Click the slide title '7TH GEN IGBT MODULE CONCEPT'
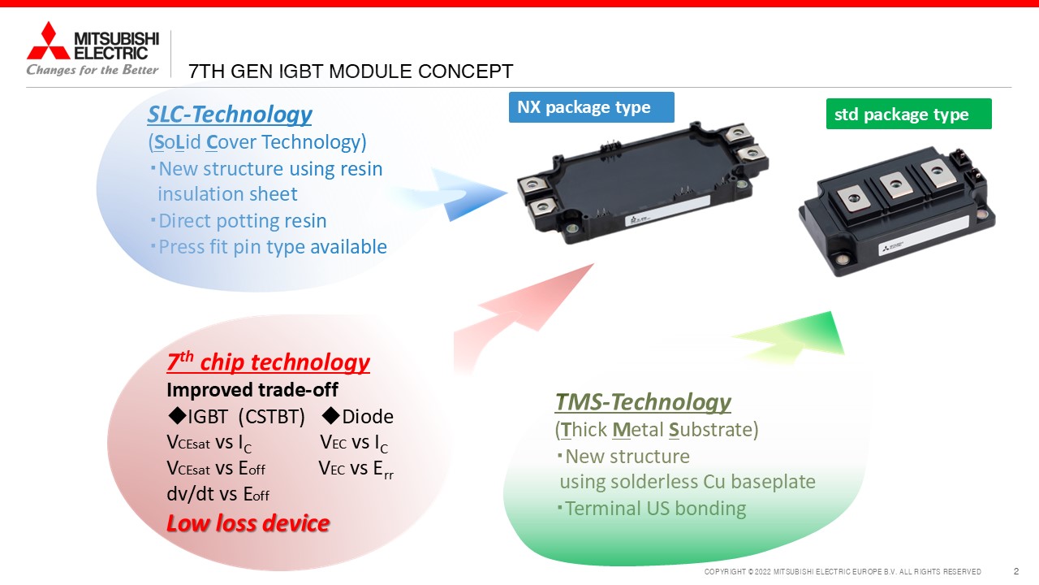[351, 71]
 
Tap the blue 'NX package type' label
[592, 107]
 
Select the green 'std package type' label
[908, 114]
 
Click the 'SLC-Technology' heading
[230, 115]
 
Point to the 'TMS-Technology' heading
[643, 402]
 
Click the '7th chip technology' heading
[268, 362]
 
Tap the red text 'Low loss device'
[248, 523]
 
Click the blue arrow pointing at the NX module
[459, 194]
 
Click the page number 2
[1016, 571]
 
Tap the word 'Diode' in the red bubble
[368, 417]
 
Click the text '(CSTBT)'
[272, 417]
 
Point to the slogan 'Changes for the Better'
[93, 70]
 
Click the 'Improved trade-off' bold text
[252, 390]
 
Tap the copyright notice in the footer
[843, 571]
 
